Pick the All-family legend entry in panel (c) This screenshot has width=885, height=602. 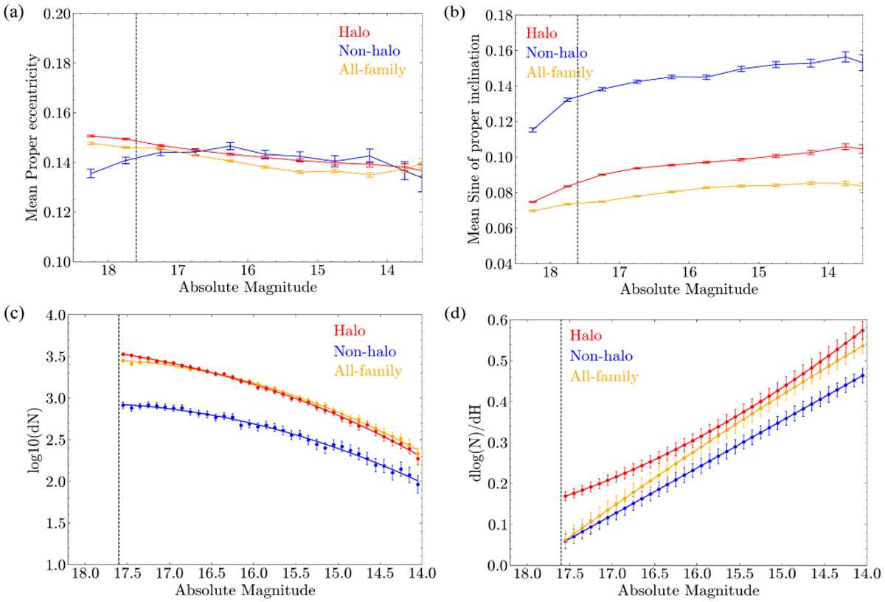[370, 370]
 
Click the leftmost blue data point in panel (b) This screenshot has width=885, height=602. [532, 130]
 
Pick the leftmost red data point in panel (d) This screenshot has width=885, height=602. [566, 496]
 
